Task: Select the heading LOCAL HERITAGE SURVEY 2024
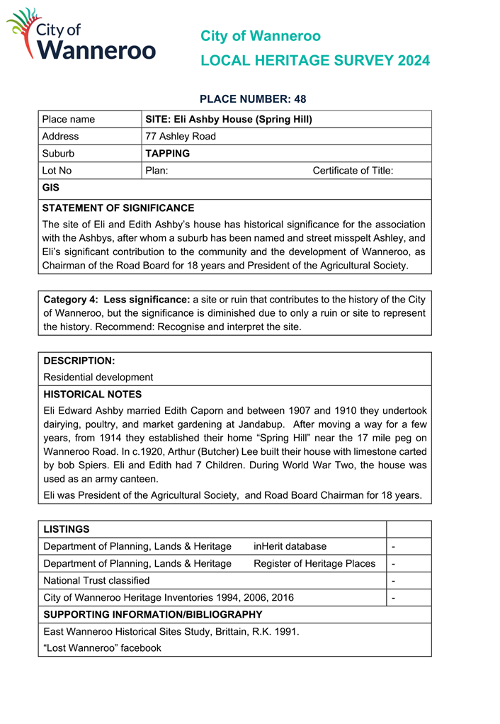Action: point(314,61)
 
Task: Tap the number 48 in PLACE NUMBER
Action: point(300,99)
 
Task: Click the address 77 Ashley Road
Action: point(181,137)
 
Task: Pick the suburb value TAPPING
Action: point(167,154)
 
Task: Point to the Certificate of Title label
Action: point(353,171)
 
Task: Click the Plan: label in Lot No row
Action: point(157,171)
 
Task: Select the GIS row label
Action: point(50,188)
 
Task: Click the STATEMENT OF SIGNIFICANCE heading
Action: point(118,208)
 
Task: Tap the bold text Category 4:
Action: point(73,300)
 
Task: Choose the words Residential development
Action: point(98,378)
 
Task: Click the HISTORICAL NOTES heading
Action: point(92,395)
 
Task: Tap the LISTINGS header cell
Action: point(67,529)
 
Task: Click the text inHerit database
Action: point(290,546)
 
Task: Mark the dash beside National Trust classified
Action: point(393,581)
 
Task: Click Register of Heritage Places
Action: point(314,563)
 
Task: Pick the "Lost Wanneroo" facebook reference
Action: point(102,647)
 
